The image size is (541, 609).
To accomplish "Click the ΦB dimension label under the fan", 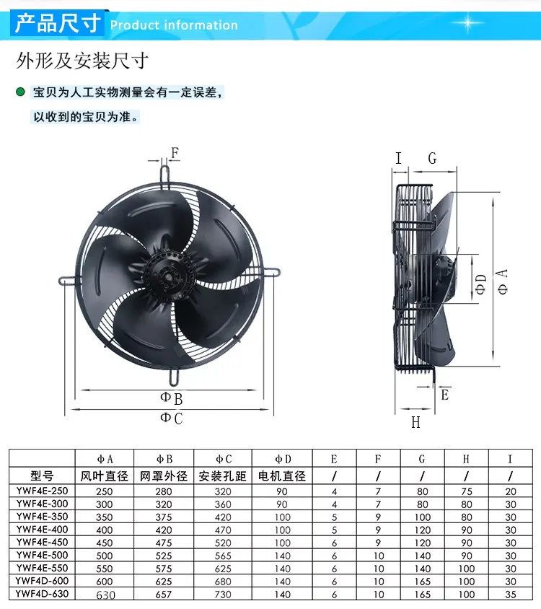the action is click(x=171, y=398).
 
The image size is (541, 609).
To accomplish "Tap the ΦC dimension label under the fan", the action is click(x=171, y=419).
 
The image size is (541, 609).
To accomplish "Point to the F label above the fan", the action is click(x=175, y=153).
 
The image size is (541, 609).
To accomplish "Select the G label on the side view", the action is click(x=432, y=158).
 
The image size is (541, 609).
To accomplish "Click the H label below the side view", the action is click(x=415, y=422).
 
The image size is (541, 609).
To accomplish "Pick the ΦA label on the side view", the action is click(x=503, y=281).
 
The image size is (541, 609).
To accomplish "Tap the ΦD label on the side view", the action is click(x=481, y=284).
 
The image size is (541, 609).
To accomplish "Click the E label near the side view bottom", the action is click(x=444, y=395).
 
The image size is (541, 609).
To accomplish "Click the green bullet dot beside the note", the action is click(x=20, y=92).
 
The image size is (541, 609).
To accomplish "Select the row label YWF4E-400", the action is click(x=42, y=530).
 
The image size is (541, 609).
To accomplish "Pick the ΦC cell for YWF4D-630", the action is click(x=223, y=595).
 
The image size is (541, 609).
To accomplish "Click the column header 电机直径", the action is click(x=282, y=476).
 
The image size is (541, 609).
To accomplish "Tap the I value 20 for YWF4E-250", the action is click(x=511, y=491).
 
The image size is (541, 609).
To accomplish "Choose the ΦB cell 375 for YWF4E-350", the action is click(x=164, y=517).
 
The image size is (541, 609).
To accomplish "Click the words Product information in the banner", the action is click(x=174, y=25).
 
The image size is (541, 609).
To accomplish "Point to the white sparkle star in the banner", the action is click(x=467, y=23).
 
